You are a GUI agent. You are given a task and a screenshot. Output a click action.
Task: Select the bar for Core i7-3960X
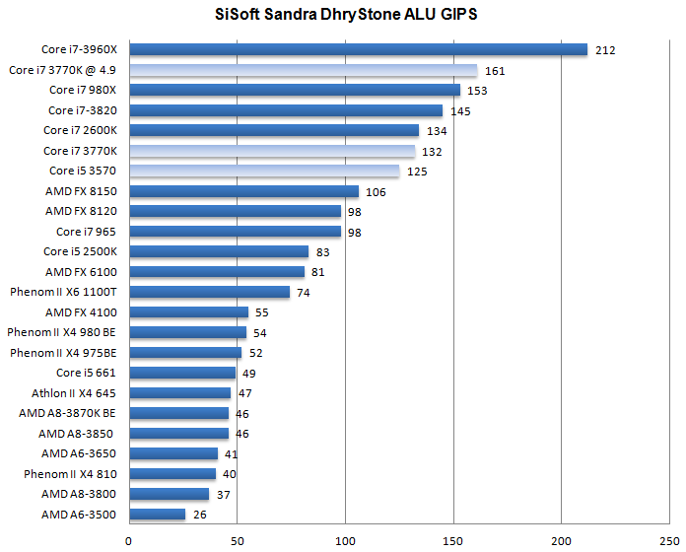tap(358, 49)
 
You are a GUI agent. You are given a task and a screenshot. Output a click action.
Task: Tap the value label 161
tap(495, 71)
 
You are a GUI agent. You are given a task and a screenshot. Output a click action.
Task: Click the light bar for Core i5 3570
tap(264, 172)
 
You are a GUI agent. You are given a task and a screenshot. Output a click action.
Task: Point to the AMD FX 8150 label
tap(81, 191)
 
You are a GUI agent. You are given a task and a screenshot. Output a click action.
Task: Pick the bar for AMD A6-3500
tap(157, 515)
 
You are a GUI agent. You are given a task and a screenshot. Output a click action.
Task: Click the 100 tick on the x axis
tap(345, 539)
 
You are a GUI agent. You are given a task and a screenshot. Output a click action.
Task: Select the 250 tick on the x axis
tap(668, 539)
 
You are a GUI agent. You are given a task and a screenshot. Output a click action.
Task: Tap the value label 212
tap(605, 50)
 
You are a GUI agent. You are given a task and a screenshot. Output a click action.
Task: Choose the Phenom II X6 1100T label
tap(63, 292)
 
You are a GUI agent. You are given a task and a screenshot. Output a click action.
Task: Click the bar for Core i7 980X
tap(295, 90)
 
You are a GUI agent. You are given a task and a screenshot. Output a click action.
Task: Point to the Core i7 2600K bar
tap(274, 130)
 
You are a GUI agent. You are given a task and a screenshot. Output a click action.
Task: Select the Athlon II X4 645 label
tap(74, 393)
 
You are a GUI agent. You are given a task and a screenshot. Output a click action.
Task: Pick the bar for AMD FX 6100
tap(217, 272)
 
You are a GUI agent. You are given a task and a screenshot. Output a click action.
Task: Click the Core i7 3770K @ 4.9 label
tap(62, 70)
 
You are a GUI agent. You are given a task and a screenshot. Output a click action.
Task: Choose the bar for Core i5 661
tap(182, 373)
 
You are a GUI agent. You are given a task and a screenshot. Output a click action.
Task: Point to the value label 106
tap(376, 192)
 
